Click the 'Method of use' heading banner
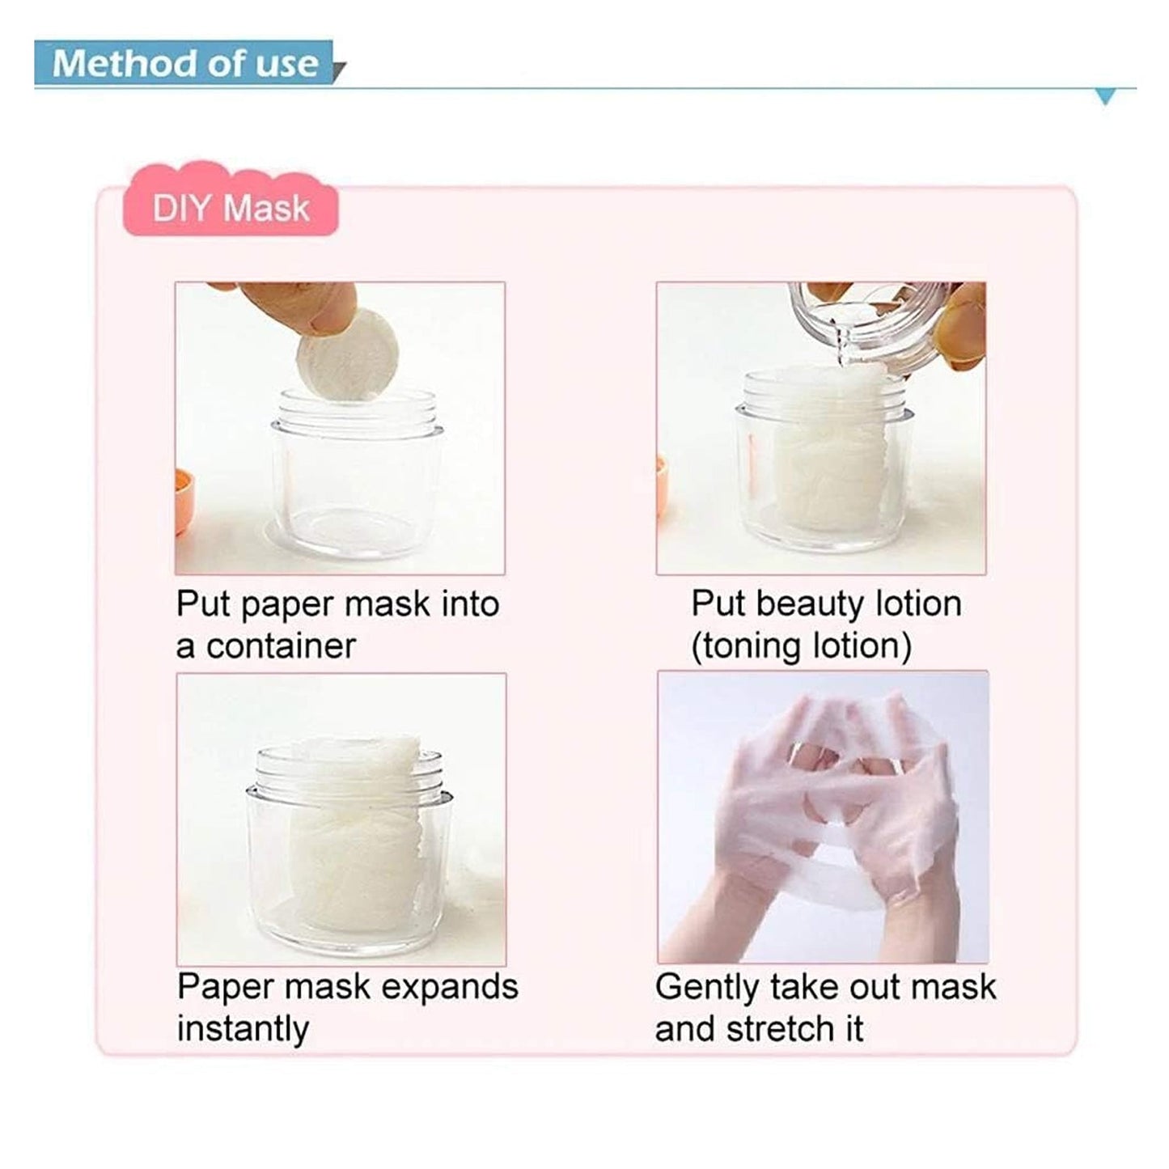coord(185,63)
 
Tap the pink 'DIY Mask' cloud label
coord(231,208)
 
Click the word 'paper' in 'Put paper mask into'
coord(288,606)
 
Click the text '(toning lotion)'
coord(801,646)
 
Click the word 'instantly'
coord(243,1029)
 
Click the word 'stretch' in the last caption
coord(781,1029)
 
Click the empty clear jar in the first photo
coord(356,477)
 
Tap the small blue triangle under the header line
coord(1104,98)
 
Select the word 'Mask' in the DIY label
coord(266,209)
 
